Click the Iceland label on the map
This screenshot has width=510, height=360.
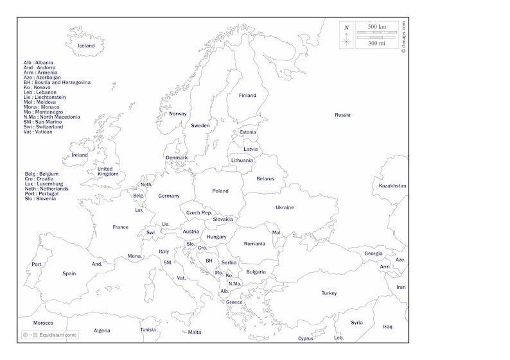click(86, 46)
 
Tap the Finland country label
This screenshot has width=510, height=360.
click(247, 96)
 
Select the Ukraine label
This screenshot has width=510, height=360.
click(285, 207)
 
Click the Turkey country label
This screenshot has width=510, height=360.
click(329, 293)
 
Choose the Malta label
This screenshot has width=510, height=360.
click(194, 332)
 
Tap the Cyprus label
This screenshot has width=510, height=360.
click(306, 338)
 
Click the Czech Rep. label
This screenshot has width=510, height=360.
click(199, 212)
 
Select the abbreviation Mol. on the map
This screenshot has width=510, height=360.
click(277, 232)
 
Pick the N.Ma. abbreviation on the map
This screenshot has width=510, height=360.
click(235, 283)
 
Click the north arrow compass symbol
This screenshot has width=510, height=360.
click(346, 36)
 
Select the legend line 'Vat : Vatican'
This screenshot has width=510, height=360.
click(38, 132)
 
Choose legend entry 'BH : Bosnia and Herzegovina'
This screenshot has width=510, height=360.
click(57, 82)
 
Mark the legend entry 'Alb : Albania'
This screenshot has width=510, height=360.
click(38, 63)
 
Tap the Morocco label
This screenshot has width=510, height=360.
click(43, 323)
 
